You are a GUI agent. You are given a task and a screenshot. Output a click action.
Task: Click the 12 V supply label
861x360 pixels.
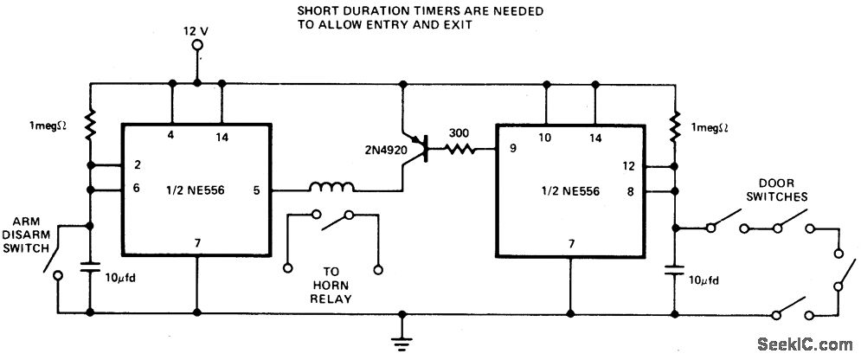point(197,30)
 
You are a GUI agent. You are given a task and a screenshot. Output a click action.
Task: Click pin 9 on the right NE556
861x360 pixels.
point(513,148)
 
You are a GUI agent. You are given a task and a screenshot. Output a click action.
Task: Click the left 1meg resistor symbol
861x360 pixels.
point(90,128)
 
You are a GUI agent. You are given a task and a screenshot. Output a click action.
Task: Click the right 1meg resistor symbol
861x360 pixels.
point(674,128)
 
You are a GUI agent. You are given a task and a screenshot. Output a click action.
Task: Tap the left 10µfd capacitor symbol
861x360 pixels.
point(91,269)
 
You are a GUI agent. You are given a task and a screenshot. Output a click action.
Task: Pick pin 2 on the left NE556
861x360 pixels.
point(136,164)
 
